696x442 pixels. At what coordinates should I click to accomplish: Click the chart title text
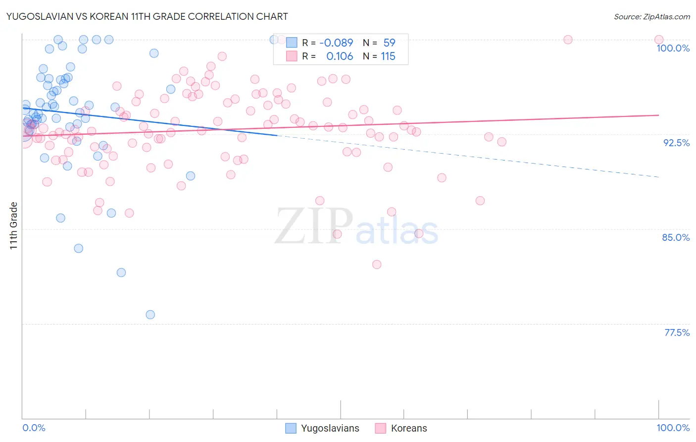click(147, 16)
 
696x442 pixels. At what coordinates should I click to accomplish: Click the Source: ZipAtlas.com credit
click(651, 16)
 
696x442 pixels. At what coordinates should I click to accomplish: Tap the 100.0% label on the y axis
click(673, 48)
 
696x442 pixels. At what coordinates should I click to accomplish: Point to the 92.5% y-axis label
click(676, 143)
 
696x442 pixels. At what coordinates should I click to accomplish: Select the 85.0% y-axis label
click(676, 237)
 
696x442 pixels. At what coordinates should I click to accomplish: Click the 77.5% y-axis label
click(677, 332)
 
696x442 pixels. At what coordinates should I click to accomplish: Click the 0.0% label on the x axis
click(34, 428)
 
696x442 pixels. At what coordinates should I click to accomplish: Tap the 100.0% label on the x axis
click(673, 428)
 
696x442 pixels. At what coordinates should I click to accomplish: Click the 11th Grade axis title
click(14, 225)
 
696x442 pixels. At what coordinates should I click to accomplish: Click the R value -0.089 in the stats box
click(336, 43)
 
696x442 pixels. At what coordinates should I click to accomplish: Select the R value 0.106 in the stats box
click(340, 56)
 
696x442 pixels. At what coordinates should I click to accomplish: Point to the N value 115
click(388, 56)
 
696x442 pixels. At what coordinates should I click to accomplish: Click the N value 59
click(389, 43)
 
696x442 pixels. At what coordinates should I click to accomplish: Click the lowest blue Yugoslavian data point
click(150, 315)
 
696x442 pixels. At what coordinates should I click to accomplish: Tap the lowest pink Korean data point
click(377, 265)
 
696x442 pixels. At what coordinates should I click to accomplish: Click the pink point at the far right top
click(659, 40)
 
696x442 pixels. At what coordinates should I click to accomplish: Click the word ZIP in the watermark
click(314, 226)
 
